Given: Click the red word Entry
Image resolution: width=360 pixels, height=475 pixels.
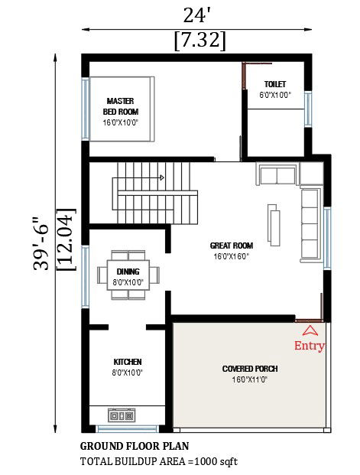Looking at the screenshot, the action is point(309,346).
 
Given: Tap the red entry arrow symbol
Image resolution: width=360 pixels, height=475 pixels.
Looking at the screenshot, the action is point(310,330).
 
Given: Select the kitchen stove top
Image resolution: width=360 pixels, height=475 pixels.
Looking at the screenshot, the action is point(122,415).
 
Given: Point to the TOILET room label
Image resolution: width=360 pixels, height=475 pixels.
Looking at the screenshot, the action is point(275,84).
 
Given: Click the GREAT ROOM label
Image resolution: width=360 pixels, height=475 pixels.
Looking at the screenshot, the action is point(232,246).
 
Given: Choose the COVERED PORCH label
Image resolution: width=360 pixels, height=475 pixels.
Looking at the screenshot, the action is point(250,369).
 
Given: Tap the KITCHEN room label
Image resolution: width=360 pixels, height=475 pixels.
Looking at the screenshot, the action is point(128,362).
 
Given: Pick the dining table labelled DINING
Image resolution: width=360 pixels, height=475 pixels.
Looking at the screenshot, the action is point(128,275).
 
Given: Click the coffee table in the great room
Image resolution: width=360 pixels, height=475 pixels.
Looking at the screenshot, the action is point(274,225).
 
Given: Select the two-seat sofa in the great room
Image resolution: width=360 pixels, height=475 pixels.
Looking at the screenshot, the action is point(277,174).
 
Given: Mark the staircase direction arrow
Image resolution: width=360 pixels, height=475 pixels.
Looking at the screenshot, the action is point(162,177).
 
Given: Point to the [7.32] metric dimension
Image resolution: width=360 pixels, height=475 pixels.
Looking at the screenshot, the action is point(199,41).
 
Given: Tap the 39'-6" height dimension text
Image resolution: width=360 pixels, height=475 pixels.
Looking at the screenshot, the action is point(41,243).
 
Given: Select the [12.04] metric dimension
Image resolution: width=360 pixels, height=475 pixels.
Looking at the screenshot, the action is point(66,239).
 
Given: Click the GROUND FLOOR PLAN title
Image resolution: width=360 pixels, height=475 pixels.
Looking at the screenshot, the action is point(135,446).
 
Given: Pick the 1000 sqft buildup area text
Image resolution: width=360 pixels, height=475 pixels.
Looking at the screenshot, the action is point(216,461).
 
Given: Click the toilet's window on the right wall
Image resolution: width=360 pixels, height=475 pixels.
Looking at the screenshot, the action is point(308,109).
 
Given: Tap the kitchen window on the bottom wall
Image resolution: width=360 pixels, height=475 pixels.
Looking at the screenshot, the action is point(127,429).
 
